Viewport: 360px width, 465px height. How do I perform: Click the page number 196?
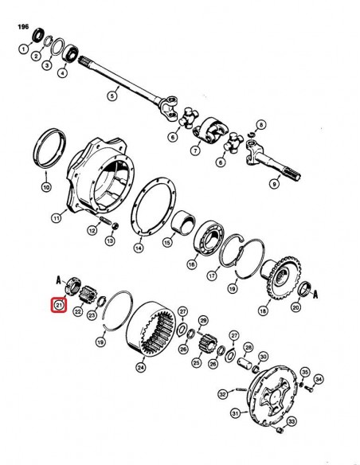(23, 27)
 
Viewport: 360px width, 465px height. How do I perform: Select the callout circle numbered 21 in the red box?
(59, 305)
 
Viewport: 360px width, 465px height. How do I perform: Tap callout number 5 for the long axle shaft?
(112, 96)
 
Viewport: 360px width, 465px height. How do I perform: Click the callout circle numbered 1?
(24, 49)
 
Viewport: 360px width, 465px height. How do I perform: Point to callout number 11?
(56, 218)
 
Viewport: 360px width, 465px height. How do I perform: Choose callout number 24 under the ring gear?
(141, 367)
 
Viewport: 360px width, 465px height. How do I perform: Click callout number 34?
(319, 379)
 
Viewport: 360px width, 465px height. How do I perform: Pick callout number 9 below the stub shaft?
(274, 184)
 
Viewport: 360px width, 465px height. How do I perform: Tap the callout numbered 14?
(139, 248)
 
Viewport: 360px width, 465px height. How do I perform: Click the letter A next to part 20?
(315, 294)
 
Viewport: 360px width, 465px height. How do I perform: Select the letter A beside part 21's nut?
(59, 280)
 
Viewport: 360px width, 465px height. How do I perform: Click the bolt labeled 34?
(309, 389)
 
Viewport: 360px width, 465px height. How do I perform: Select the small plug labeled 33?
(279, 429)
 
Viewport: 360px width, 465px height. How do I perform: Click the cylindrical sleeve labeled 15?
(183, 222)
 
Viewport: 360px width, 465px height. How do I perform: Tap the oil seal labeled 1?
(38, 35)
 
